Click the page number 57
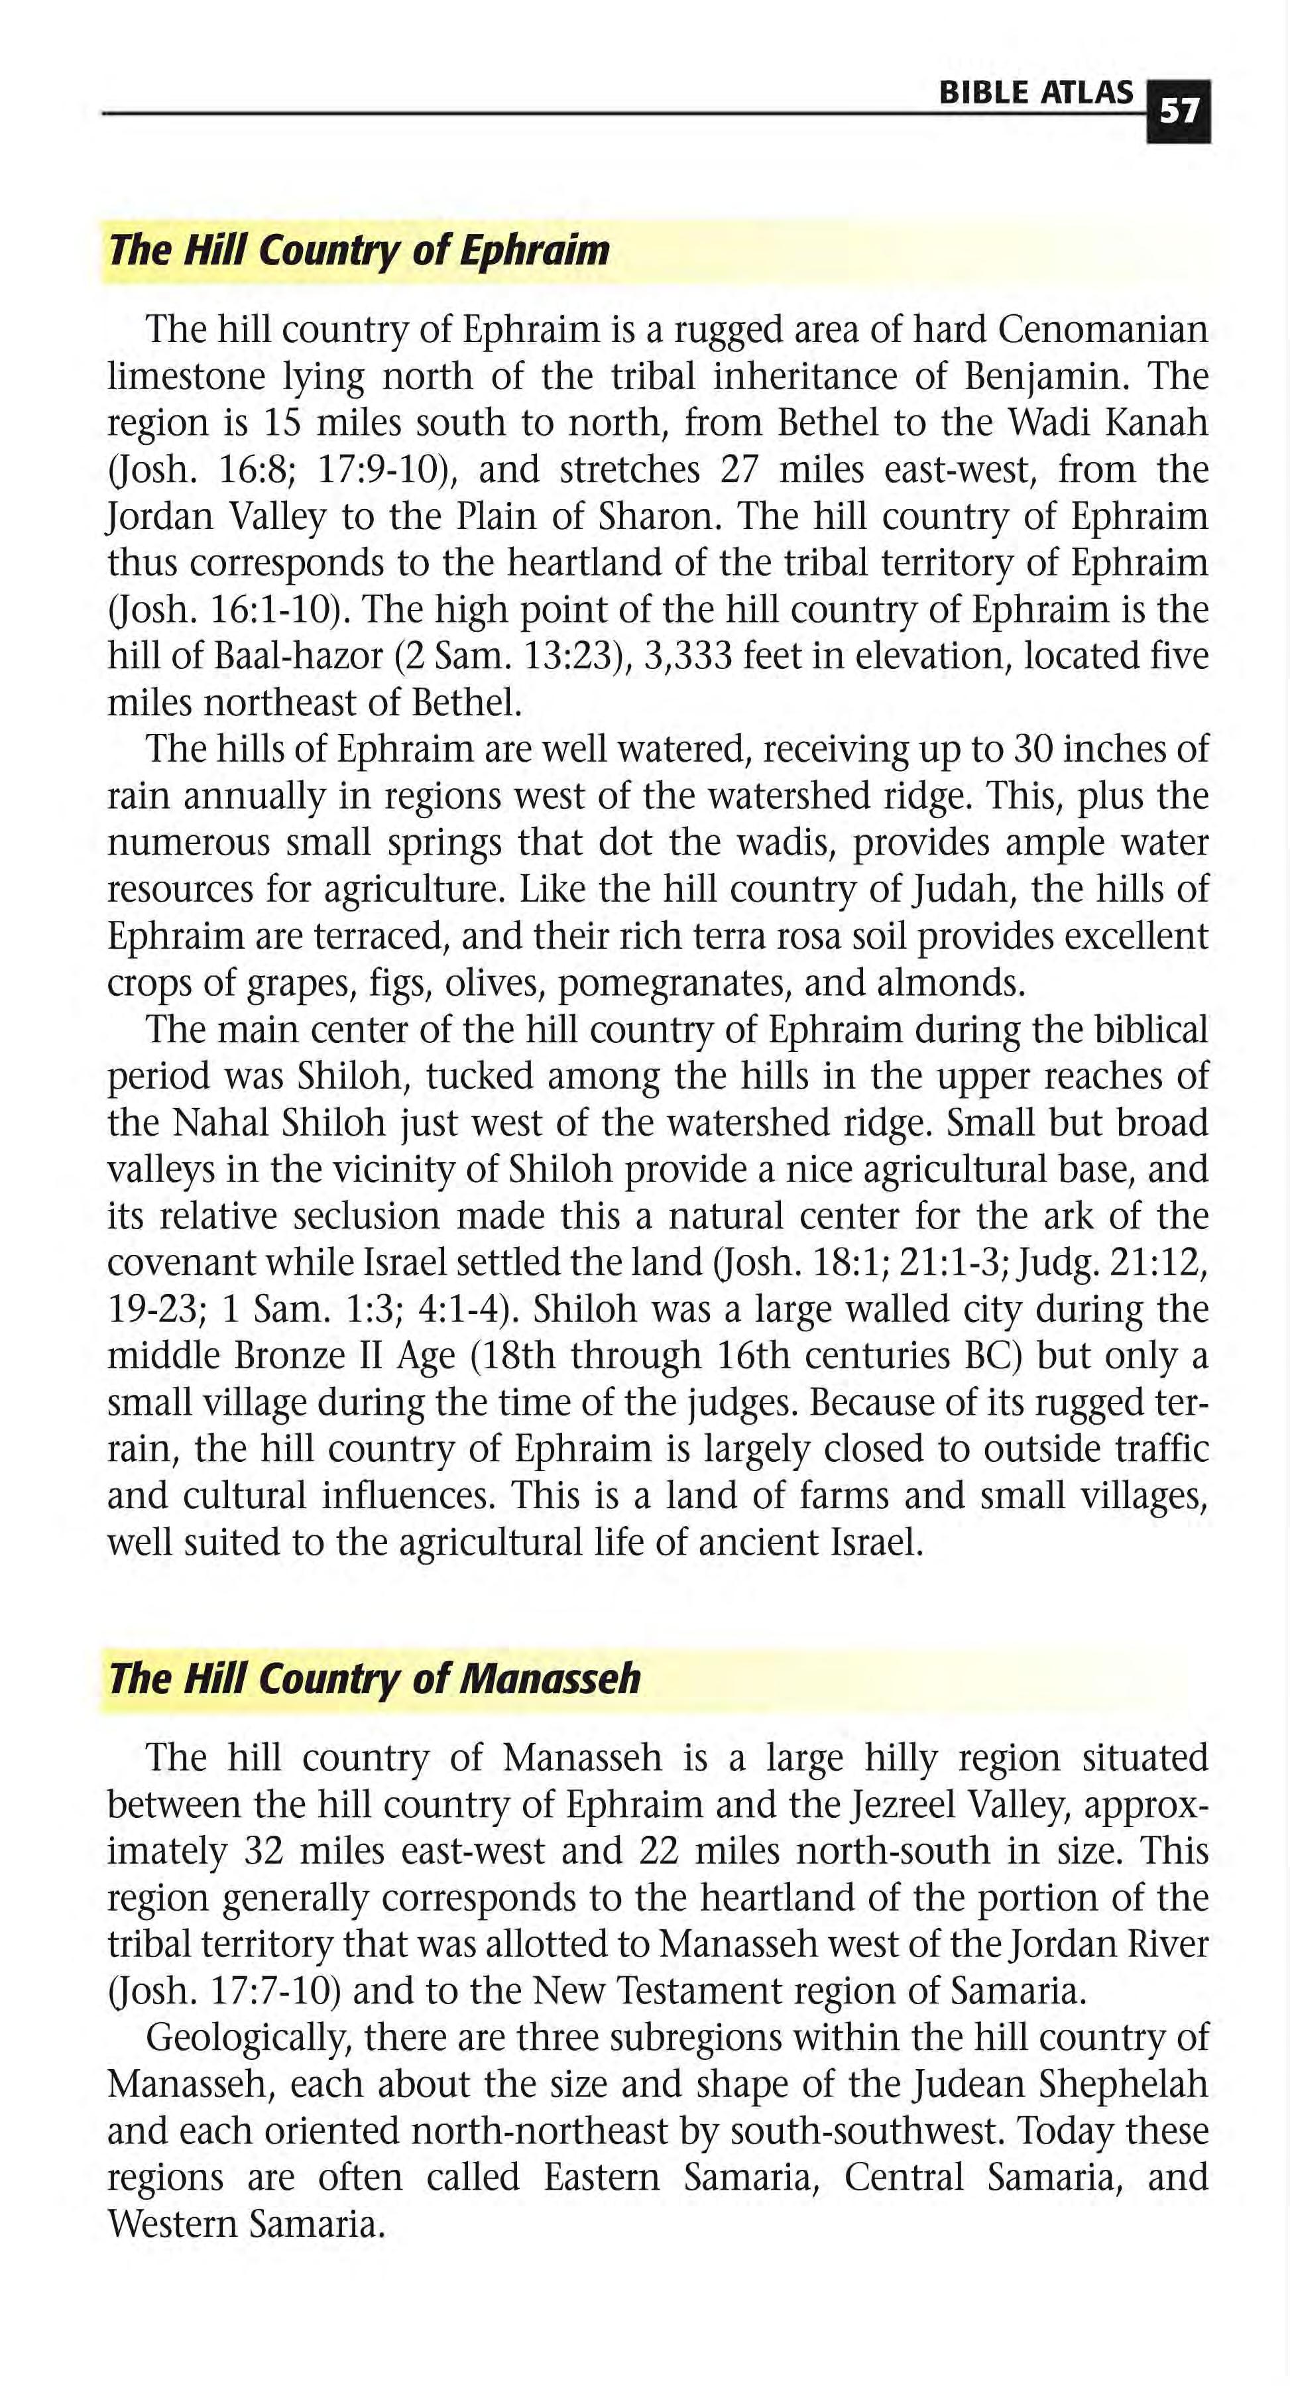click(x=1178, y=112)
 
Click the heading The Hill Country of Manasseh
click(x=374, y=1679)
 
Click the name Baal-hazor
click(x=298, y=656)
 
